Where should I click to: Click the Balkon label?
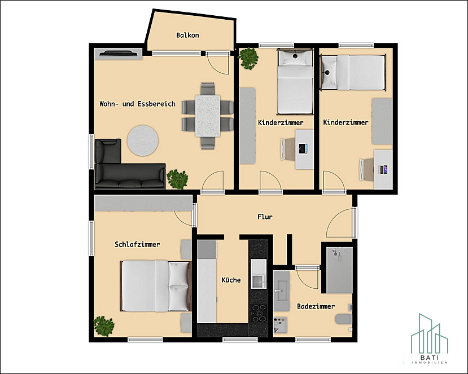tap(187, 35)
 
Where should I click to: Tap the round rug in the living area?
tap(143, 140)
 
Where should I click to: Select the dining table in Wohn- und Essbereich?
tap(208, 116)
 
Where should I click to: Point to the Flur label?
tap(265, 217)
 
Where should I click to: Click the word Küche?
tap(231, 280)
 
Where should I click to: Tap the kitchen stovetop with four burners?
tap(259, 313)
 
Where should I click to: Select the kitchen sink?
tap(259, 274)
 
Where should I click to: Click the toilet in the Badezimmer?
tap(344, 319)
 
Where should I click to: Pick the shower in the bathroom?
tap(339, 270)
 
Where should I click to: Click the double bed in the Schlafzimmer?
tap(155, 286)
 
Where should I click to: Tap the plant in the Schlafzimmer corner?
tap(104, 326)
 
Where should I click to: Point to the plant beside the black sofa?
tap(177, 179)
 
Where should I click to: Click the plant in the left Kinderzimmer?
tap(248, 59)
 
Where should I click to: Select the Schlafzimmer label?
tap(137, 245)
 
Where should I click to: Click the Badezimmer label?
tap(316, 306)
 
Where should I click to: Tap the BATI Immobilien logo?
tap(430, 338)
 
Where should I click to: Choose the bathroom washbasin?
tap(282, 291)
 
